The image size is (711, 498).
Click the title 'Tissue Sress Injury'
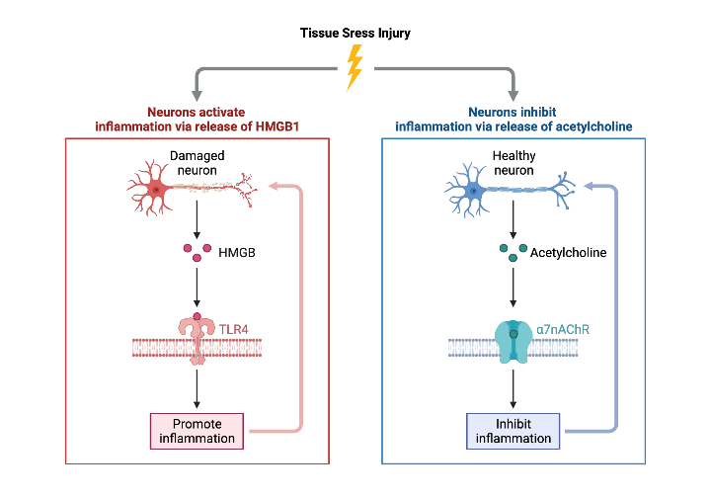355,34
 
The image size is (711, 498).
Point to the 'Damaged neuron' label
197,162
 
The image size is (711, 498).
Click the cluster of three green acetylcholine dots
512,253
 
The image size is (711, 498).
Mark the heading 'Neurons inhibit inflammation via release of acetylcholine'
513,120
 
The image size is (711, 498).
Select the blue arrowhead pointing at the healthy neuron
590,186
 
